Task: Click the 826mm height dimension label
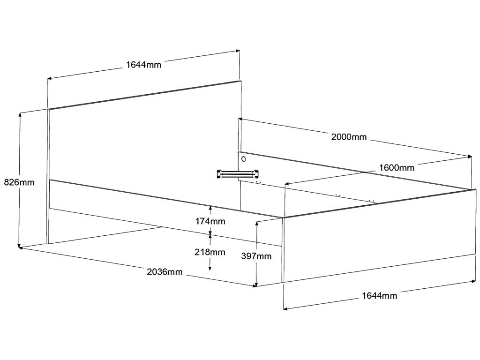click(19, 182)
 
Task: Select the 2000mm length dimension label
click(349, 137)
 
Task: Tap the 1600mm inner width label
click(397, 168)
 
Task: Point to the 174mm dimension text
click(210, 221)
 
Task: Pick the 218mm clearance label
click(210, 252)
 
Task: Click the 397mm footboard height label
click(256, 256)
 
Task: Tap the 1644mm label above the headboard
click(143, 65)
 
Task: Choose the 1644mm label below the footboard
click(379, 296)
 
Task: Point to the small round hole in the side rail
click(243, 158)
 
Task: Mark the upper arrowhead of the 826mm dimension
click(20, 115)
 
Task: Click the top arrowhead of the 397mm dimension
click(256, 223)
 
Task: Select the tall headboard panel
click(141, 141)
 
